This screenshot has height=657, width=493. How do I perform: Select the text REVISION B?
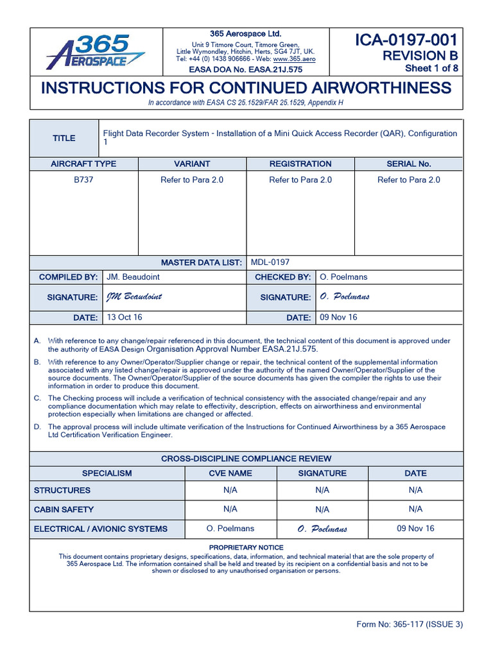click(x=420, y=56)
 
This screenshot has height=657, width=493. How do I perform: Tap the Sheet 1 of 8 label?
click(x=431, y=69)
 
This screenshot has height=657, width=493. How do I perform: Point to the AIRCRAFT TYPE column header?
click(x=83, y=164)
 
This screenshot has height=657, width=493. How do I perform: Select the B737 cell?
click(x=83, y=180)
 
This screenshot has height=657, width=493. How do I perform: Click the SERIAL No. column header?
click(x=409, y=164)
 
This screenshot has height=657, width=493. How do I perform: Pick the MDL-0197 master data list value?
click(x=270, y=262)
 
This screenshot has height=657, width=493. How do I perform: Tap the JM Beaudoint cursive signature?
click(x=134, y=297)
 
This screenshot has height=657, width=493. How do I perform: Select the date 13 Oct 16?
click(x=125, y=318)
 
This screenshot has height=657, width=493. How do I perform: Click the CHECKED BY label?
click(x=282, y=277)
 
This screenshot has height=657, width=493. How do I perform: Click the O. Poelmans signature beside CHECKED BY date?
click(x=344, y=297)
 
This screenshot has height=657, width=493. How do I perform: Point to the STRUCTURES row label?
click(x=62, y=490)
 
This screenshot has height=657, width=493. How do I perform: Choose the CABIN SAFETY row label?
click(x=64, y=509)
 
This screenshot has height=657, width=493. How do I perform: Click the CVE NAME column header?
click(x=230, y=473)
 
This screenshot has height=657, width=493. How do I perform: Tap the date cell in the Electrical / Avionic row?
click(x=415, y=529)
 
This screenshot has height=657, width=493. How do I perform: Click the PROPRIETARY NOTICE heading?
click(x=246, y=547)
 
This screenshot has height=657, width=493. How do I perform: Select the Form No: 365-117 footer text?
click(x=410, y=624)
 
